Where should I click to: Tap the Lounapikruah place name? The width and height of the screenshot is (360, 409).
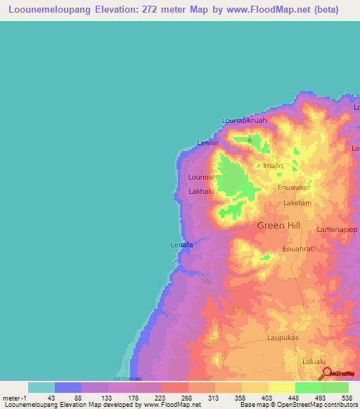245,120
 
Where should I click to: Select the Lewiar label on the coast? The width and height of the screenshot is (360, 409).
208,143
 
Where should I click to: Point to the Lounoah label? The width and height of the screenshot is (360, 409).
202,177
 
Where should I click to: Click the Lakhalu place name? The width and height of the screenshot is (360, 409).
202,191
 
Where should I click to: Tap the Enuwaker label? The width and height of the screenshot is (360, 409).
294,188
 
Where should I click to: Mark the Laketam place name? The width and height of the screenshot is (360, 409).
297,202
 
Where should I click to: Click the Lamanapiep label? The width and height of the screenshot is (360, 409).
337,229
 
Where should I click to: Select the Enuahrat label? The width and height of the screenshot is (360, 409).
297,248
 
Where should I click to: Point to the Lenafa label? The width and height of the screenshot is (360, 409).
181,245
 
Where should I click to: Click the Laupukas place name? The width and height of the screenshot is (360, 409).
285,337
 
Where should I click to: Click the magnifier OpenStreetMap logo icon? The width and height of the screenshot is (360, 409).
326,374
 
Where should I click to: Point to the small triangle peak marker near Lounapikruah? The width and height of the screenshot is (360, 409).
247,138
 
